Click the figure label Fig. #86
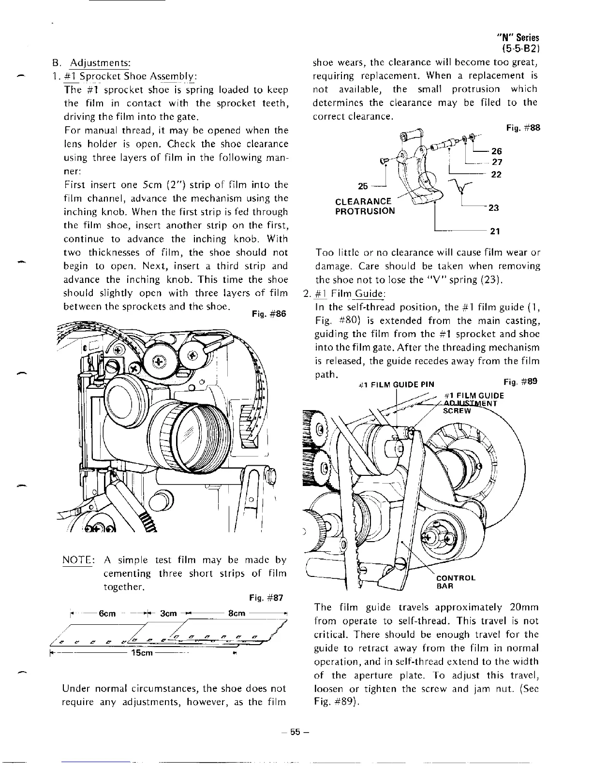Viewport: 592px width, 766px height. pyautogui.click(x=269, y=314)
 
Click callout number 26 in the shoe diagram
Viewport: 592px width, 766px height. pyautogui.click(x=497, y=151)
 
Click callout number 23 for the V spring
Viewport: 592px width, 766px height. pyautogui.click(x=494, y=207)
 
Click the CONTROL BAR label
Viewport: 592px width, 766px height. pyautogui.click(x=456, y=582)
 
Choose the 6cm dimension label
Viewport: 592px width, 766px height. pyautogui.click(x=106, y=614)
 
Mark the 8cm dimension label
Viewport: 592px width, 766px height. pyautogui.click(x=237, y=614)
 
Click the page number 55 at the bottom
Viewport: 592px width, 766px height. pyautogui.click(x=296, y=732)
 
